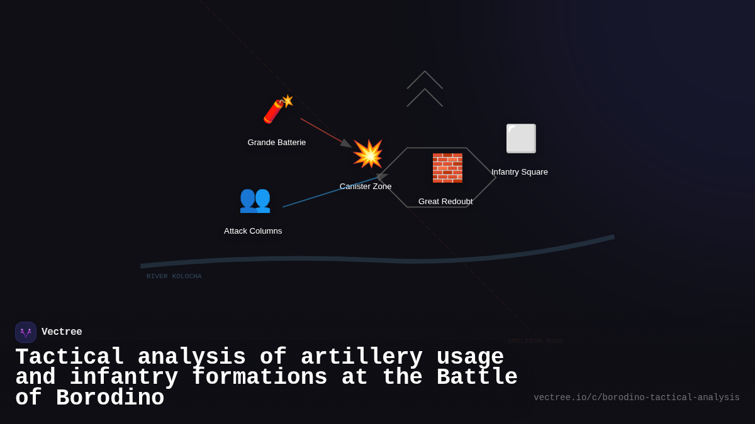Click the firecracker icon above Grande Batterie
click(x=277, y=109)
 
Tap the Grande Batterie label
click(x=277, y=143)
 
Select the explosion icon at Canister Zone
click(x=367, y=154)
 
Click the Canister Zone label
click(x=366, y=187)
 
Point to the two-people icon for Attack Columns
click(x=255, y=199)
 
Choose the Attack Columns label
click(x=253, y=231)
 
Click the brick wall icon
click(x=447, y=168)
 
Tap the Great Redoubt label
click(x=445, y=202)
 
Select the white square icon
click(x=521, y=139)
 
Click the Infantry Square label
click(x=520, y=172)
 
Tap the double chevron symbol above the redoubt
click(x=425, y=89)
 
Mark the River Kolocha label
click(x=174, y=276)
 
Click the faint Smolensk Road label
click(x=535, y=341)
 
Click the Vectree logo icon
click(x=26, y=332)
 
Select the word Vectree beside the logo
click(x=62, y=332)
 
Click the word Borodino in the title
click(x=110, y=398)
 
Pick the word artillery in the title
click(x=362, y=357)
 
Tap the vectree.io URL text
click(x=637, y=398)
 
